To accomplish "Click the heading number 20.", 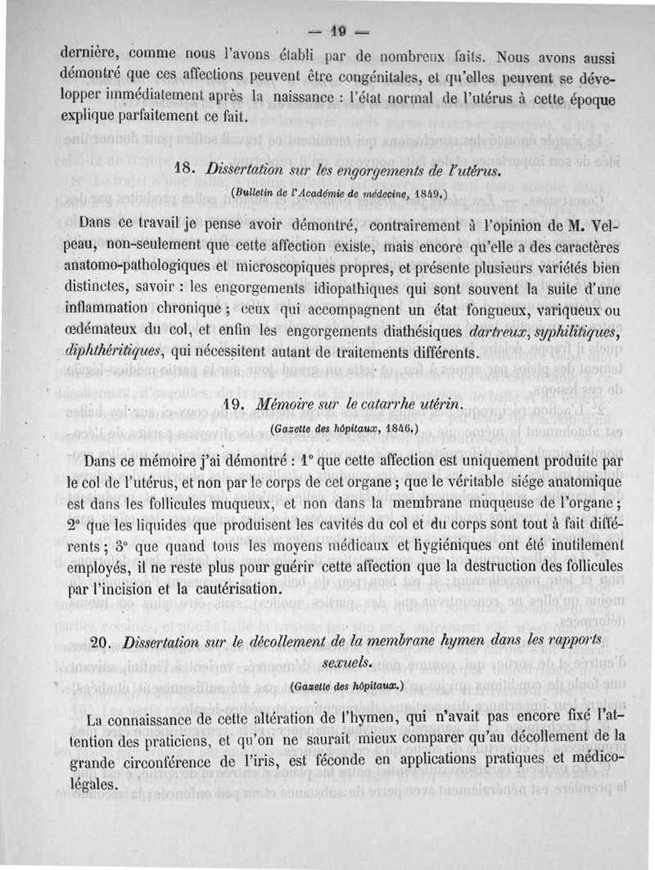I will pyautogui.click(x=106, y=641).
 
